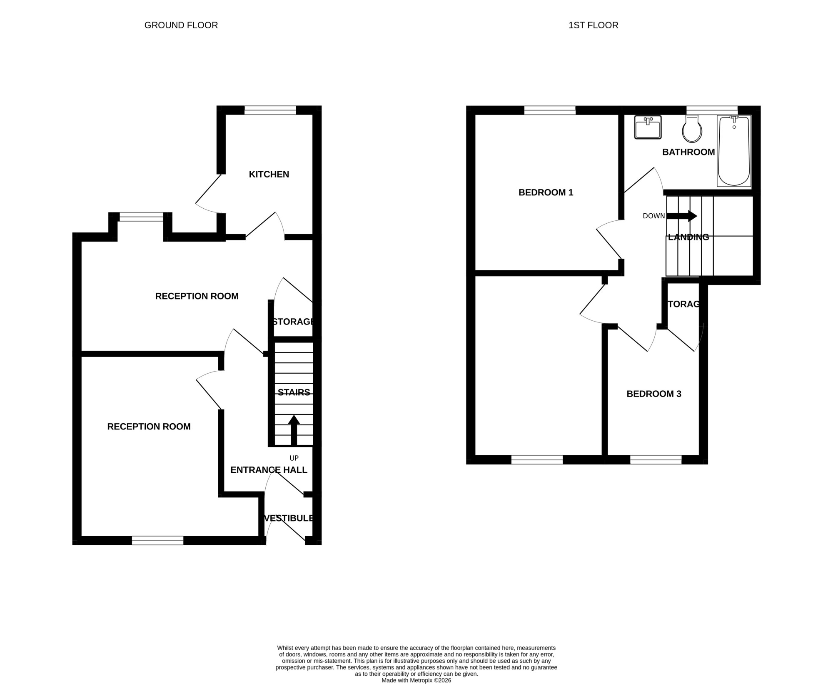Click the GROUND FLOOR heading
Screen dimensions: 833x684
click(x=181, y=25)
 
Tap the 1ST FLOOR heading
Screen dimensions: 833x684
click(x=593, y=25)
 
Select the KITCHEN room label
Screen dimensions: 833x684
click(x=269, y=175)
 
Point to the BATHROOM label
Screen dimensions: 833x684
click(x=688, y=152)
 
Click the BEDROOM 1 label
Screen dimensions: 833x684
click(x=546, y=192)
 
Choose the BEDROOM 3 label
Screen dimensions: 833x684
click(x=654, y=394)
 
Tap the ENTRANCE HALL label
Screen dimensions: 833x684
click(x=269, y=470)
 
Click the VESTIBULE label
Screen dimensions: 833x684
click(x=289, y=518)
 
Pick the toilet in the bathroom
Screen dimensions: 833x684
click(x=692, y=129)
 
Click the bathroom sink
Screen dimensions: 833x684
click(x=648, y=127)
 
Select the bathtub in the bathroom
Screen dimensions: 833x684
click(x=734, y=151)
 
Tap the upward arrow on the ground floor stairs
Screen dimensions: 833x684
click(x=294, y=430)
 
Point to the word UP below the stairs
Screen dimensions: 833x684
click(x=294, y=458)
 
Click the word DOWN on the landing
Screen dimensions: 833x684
click(x=654, y=216)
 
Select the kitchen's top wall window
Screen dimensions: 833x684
click(x=270, y=110)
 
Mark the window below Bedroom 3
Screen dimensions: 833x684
click(x=656, y=460)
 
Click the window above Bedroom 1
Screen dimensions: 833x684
click(x=550, y=110)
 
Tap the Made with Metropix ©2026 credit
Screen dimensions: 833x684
click(x=416, y=680)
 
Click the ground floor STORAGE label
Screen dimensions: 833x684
click(x=294, y=322)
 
